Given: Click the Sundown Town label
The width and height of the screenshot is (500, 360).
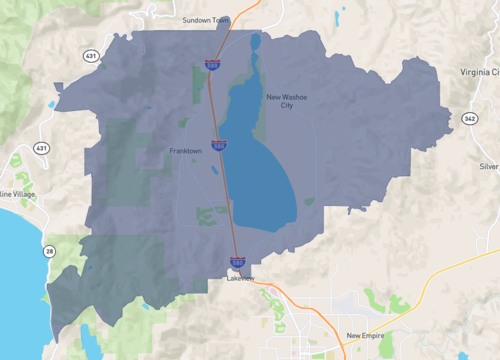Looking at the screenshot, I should (205, 20).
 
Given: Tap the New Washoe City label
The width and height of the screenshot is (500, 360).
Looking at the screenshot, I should (287, 101).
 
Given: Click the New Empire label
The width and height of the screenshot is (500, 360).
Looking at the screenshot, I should (366, 336).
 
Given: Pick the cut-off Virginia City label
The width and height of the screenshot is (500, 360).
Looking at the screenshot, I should (481, 73).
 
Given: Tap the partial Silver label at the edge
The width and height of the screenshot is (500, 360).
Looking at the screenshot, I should (488, 166).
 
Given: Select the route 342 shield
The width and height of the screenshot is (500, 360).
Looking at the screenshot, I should (469, 118).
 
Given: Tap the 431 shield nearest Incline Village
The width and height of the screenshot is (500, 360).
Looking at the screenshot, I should (41, 148).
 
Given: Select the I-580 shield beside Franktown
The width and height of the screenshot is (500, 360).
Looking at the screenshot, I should (218, 145).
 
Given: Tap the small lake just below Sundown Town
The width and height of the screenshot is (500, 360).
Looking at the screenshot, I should (255, 43).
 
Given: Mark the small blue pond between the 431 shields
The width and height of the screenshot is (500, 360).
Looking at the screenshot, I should (52, 104).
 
